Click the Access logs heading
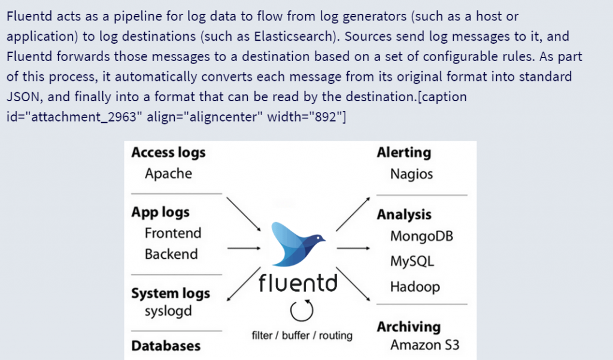[x=168, y=153]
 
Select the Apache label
[x=168, y=174]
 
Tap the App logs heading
[x=160, y=212]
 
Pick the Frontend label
[x=173, y=233]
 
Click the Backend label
[x=171, y=254]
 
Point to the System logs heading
[x=171, y=294]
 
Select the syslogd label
[x=168, y=312]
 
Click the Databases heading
[x=166, y=346]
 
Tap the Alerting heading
[x=403, y=153]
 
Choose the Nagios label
[x=411, y=174]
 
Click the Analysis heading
[x=404, y=214]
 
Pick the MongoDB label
[x=421, y=236]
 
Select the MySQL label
[x=412, y=261]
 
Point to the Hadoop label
[x=415, y=286]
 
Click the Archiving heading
[x=408, y=327]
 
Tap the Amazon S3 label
[x=425, y=345]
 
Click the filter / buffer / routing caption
[x=302, y=335]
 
